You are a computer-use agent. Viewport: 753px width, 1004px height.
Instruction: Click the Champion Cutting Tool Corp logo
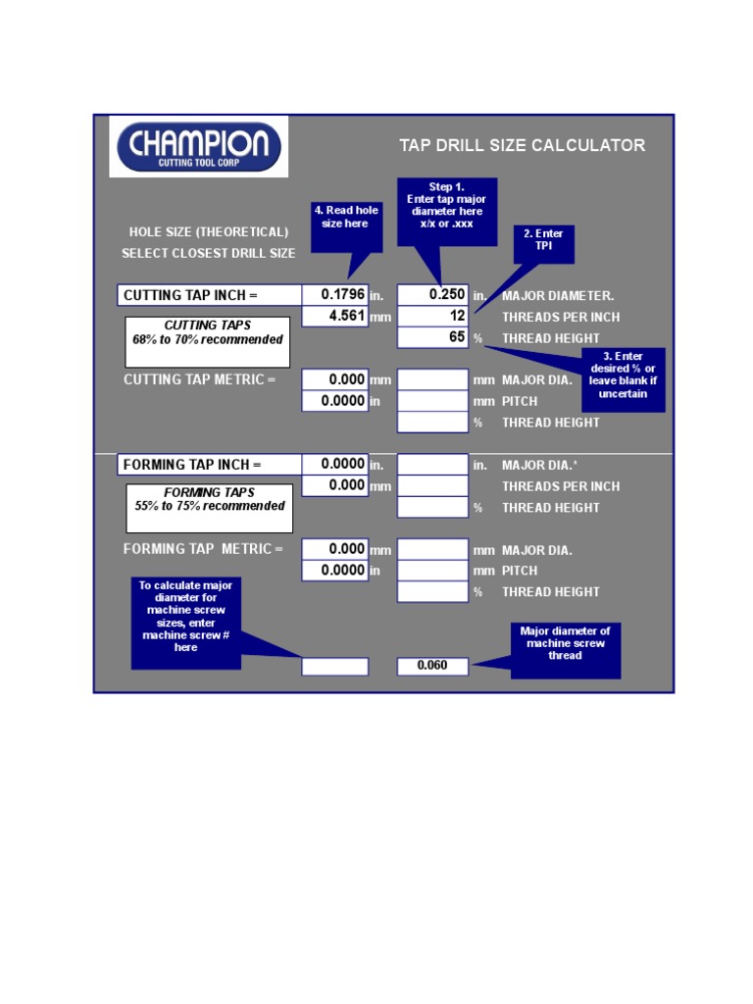coord(198,147)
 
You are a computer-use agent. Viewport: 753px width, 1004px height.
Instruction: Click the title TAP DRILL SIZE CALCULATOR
coord(522,145)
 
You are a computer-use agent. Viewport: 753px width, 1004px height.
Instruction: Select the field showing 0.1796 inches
coord(335,294)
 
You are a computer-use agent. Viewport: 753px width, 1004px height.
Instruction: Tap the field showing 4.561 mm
coord(335,317)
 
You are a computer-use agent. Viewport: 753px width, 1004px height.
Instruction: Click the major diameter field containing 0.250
coord(432,294)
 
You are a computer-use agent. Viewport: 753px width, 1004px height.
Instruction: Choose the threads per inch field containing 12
coord(432,316)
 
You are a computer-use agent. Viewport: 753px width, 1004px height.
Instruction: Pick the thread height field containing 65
coord(432,337)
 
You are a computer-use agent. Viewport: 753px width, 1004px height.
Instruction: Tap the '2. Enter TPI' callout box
coord(543,244)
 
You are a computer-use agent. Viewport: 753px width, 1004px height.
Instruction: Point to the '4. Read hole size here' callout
coord(346,226)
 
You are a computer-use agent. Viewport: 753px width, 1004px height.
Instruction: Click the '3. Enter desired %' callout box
coord(623,379)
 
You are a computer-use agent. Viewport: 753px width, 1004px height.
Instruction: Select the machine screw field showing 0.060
coord(432,666)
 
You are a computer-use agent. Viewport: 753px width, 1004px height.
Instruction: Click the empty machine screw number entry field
coord(335,667)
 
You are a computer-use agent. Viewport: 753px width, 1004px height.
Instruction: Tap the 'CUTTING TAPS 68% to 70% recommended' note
coord(208,342)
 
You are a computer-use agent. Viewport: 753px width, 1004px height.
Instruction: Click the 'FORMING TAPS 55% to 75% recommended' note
coord(210,509)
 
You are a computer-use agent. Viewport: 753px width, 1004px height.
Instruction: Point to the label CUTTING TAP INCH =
coord(190,295)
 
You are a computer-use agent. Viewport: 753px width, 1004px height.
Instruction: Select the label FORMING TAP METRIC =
coord(202,549)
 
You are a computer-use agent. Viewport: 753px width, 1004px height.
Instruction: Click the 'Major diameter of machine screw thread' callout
coord(566,651)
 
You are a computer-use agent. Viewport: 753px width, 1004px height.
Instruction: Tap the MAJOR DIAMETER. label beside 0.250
coord(558,296)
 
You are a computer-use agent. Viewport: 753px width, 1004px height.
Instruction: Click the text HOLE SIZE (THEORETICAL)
coord(209,231)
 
